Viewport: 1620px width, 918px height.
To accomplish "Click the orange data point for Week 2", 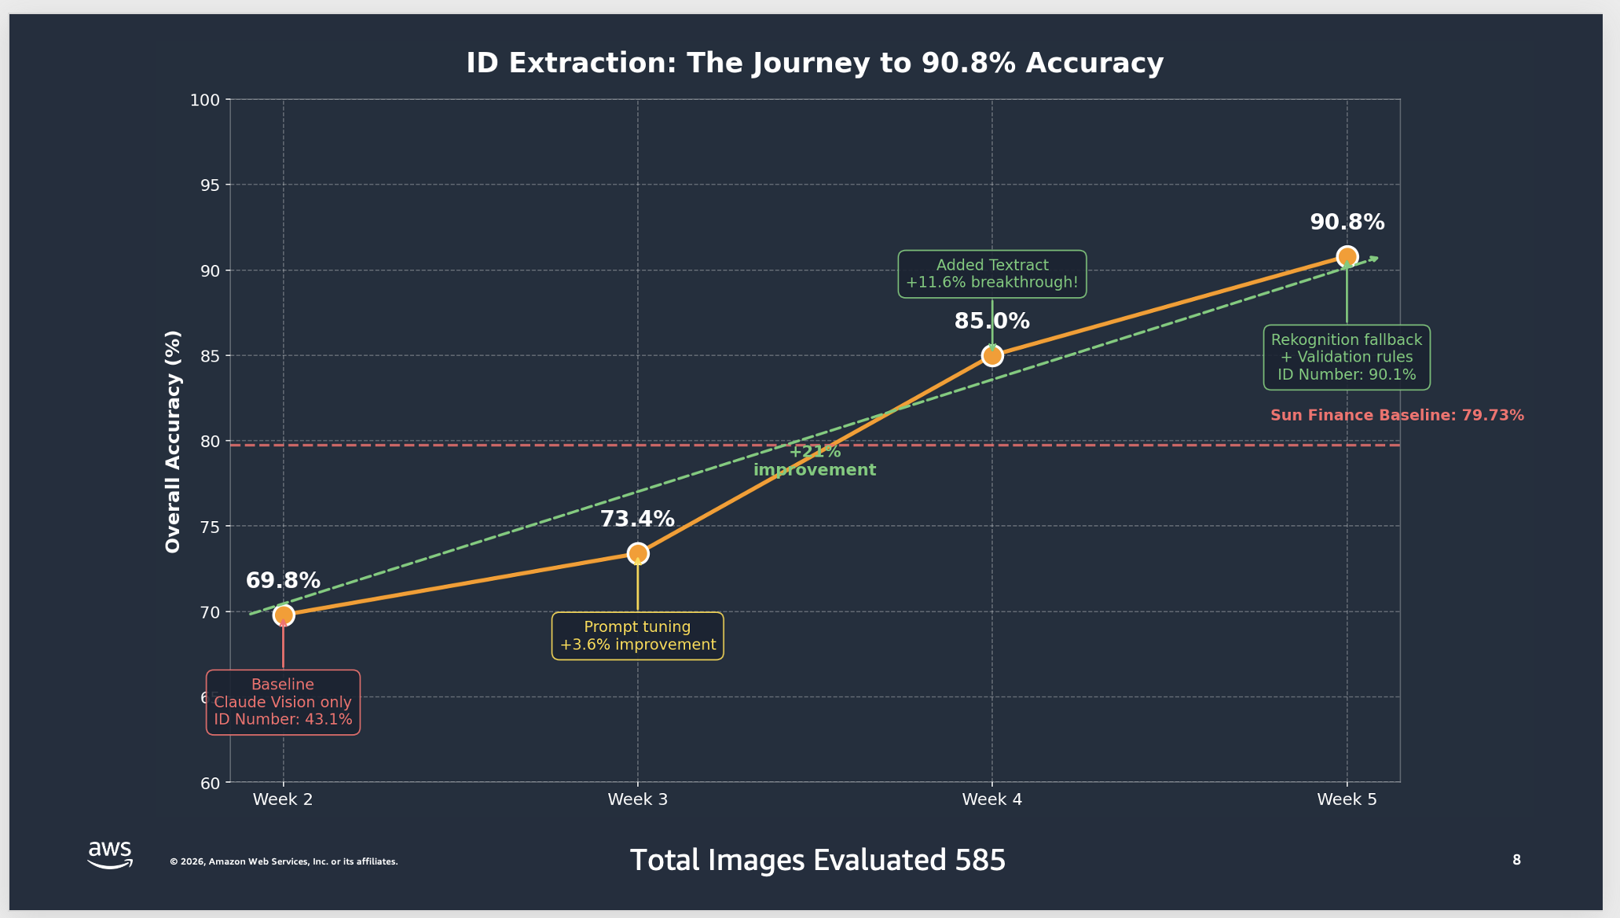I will click(284, 615).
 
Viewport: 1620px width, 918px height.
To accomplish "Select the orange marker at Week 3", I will click(638, 553).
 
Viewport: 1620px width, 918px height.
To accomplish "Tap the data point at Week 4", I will click(992, 356).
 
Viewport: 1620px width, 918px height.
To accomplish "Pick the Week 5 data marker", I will click(1347, 256).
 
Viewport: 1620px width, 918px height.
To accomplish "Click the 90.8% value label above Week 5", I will click(1347, 222).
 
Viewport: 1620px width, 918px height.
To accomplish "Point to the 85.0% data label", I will click(991, 321).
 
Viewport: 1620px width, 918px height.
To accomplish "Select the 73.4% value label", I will click(637, 520).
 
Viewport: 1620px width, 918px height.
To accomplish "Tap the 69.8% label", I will click(283, 581).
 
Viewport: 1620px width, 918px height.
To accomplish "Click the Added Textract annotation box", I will click(992, 274).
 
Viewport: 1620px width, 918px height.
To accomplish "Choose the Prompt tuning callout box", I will click(637, 636).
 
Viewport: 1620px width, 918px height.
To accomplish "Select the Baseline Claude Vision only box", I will click(283, 702).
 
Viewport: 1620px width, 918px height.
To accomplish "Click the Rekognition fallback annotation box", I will click(1347, 358).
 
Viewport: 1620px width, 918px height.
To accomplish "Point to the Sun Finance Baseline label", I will click(1397, 415).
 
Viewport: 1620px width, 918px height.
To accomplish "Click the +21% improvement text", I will click(815, 461).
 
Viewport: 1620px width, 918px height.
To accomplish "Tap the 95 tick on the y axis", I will click(209, 185).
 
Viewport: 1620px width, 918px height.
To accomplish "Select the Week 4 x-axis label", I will click(992, 799).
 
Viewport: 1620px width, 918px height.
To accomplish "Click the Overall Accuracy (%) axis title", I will click(173, 441).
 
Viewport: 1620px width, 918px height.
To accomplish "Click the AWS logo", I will click(110, 854).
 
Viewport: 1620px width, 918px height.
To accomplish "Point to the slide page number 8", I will click(1516, 860).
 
